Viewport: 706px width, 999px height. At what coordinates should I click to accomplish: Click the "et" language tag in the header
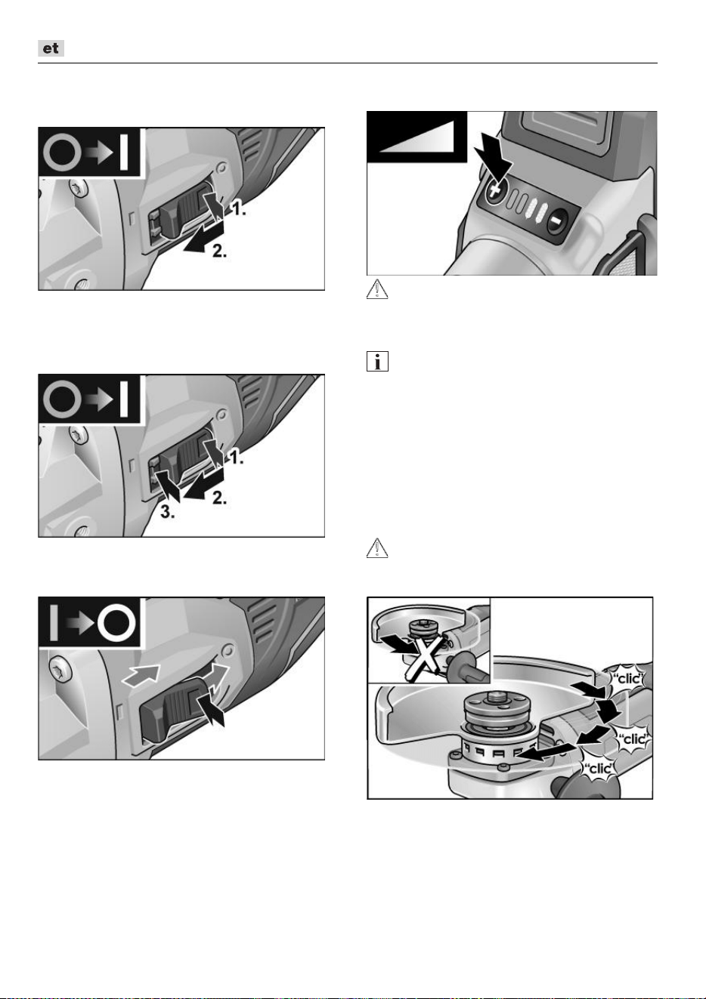tap(51, 48)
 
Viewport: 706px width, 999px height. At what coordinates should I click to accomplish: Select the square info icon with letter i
tap(377, 361)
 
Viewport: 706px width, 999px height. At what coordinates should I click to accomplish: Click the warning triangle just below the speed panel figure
tap(377, 289)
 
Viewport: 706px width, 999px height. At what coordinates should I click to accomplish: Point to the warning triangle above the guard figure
tap(377, 548)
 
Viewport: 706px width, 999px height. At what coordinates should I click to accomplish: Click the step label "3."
tap(168, 513)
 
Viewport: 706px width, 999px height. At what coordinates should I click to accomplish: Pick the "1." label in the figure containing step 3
tap(235, 456)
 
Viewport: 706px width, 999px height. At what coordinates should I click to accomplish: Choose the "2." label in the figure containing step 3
tap(219, 498)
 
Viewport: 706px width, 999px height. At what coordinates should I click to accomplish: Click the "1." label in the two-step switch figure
tap(237, 208)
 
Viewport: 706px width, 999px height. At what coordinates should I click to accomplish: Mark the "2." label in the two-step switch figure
tap(219, 251)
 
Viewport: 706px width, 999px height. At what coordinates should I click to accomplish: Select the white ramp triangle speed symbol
tap(416, 137)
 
